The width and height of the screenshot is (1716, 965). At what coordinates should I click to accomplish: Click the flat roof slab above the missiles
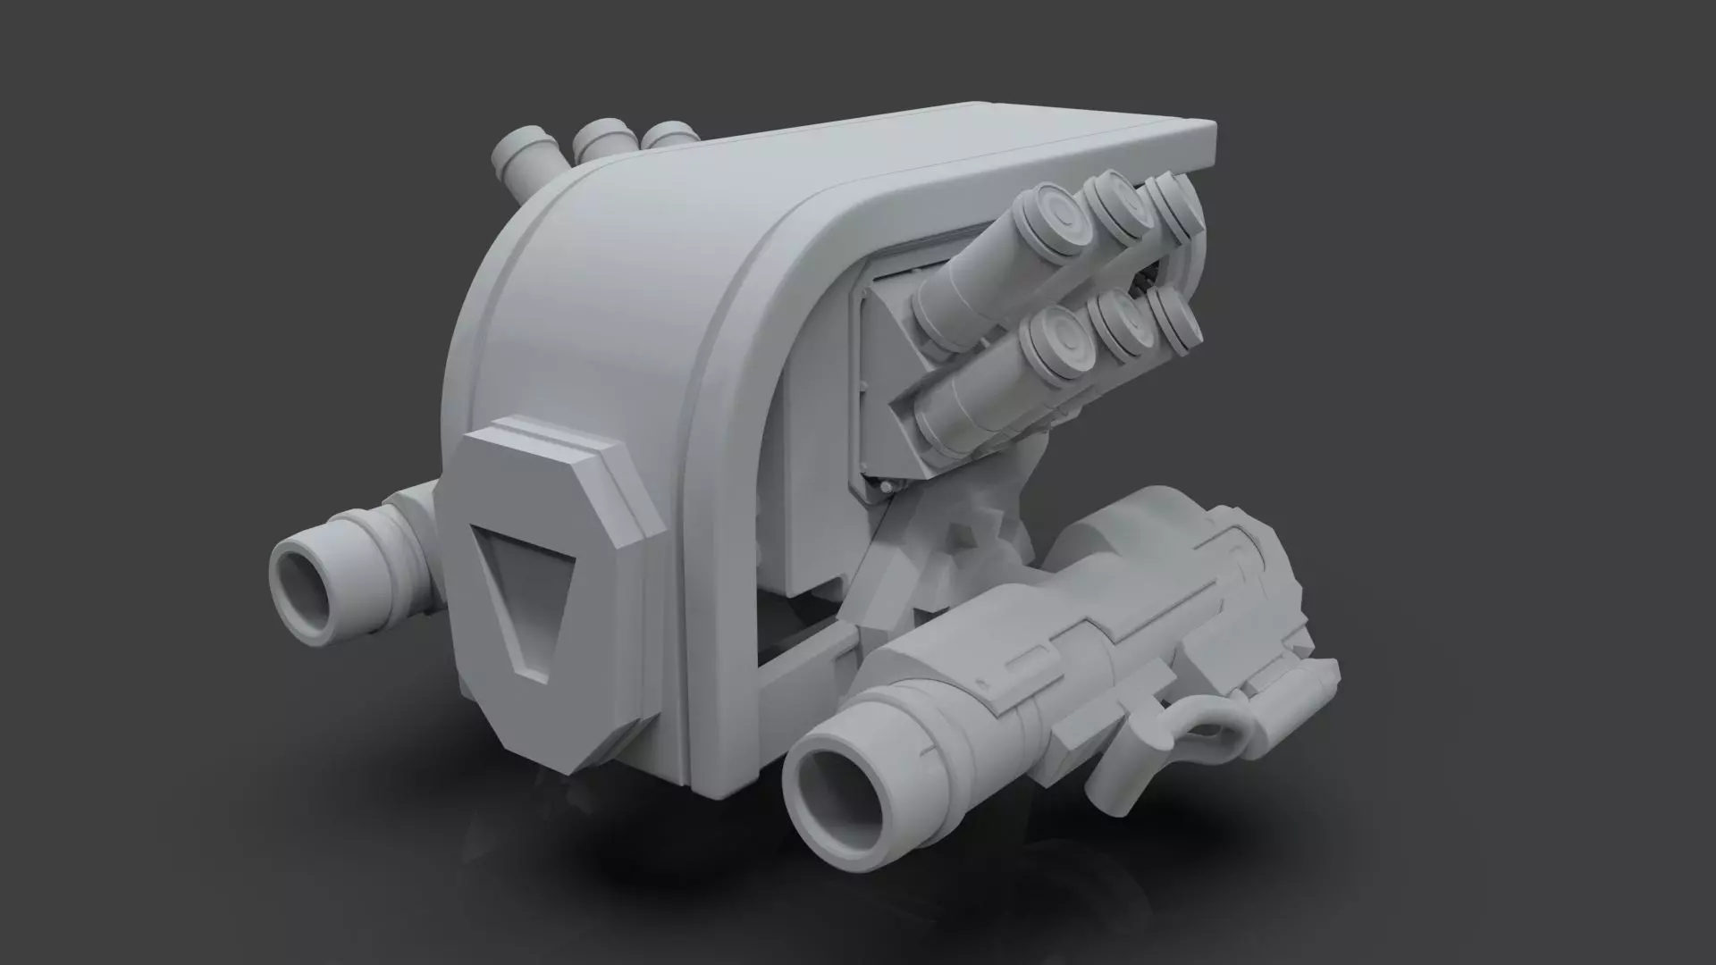point(938,152)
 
